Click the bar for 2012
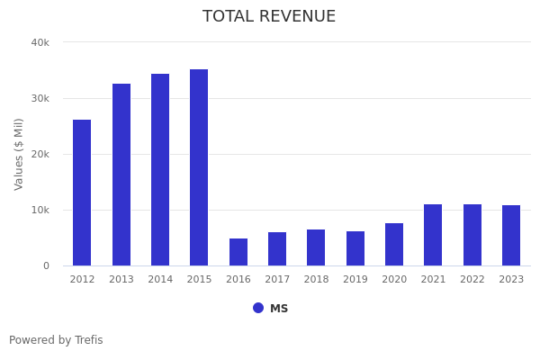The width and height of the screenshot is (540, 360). (x=82, y=193)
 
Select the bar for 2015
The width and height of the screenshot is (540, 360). (x=199, y=167)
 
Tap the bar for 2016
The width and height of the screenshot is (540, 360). (x=238, y=252)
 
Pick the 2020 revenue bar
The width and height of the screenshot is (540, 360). (x=394, y=245)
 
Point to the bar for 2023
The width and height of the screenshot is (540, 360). (x=511, y=236)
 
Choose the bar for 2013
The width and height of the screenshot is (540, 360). (x=121, y=175)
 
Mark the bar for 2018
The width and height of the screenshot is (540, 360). (x=316, y=247)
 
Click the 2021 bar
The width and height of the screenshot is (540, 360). (x=433, y=235)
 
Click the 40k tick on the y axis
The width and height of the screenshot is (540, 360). (x=40, y=42)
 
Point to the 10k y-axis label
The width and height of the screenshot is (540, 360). (x=40, y=210)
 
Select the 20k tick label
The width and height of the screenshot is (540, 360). (x=40, y=154)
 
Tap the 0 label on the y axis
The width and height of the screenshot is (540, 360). (x=45, y=265)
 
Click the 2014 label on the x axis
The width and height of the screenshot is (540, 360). (x=160, y=280)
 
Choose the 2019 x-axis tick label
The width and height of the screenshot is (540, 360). (x=355, y=280)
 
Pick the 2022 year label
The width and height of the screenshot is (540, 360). (x=472, y=280)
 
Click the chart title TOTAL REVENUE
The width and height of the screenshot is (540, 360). (x=269, y=17)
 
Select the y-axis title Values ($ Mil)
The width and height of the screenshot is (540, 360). (x=19, y=154)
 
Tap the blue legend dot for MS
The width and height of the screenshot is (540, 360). (x=258, y=308)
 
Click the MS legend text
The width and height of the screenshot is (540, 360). (x=279, y=309)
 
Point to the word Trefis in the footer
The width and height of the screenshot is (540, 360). (x=87, y=341)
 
